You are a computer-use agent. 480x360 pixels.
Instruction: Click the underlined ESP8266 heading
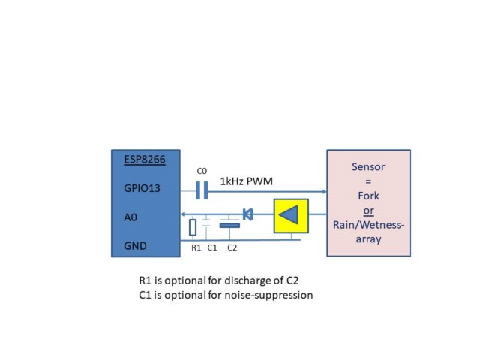[x=145, y=160]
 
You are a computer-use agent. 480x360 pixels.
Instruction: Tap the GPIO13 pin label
[x=142, y=188]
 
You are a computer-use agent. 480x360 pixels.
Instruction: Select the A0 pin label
[x=130, y=217]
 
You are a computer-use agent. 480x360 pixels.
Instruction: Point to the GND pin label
[x=135, y=246]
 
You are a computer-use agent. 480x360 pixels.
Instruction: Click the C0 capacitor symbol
[x=202, y=190]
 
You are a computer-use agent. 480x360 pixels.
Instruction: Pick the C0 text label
[x=202, y=171]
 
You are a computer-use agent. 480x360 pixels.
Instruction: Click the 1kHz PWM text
[x=247, y=181]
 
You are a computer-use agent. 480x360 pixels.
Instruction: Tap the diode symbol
[x=247, y=214]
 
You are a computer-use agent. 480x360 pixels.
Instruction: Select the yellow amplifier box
[x=291, y=216]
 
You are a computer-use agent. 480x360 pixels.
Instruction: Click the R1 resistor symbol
[x=193, y=227]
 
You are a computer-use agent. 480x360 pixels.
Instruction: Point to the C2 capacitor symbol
[x=229, y=226]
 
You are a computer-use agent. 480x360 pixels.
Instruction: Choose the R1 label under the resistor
[x=196, y=247]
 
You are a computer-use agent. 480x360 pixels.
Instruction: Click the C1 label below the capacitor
[x=212, y=247]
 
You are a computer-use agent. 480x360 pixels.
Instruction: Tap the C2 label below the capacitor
[x=232, y=247]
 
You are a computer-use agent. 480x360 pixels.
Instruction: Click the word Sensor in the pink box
[x=368, y=167]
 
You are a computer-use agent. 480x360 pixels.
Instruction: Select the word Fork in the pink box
[x=368, y=196]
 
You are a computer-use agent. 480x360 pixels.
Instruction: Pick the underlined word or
[x=368, y=211]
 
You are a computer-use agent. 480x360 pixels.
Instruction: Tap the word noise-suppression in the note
[x=268, y=295]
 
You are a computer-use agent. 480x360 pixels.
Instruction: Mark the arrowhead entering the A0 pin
[x=182, y=214]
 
